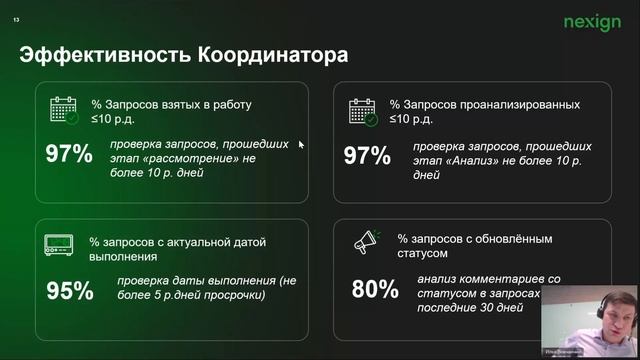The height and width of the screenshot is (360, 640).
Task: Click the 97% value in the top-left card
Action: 69,155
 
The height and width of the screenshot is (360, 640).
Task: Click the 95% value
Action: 69,291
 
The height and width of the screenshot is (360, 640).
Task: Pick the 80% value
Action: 375,289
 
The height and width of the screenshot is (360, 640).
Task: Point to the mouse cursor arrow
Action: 300,144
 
